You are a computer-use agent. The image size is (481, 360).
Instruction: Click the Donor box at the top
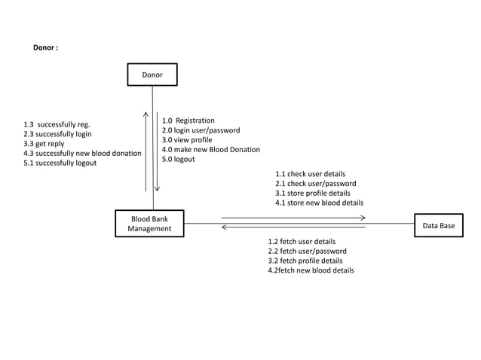click(x=152, y=75)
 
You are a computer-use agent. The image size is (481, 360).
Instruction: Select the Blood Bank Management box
click(x=149, y=224)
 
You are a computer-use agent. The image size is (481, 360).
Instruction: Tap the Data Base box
click(x=438, y=225)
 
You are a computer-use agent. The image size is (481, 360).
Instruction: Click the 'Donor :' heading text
click(x=45, y=47)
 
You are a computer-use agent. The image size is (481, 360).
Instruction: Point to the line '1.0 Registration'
click(x=188, y=121)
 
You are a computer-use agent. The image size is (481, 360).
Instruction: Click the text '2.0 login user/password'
click(x=201, y=130)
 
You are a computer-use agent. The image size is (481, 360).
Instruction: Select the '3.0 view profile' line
click(x=187, y=140)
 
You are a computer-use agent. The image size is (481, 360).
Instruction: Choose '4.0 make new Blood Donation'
click(x=210, y=150)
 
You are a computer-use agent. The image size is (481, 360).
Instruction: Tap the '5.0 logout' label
click(x=178, y=160)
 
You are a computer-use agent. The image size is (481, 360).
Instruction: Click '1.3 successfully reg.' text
click(x=57, y=124)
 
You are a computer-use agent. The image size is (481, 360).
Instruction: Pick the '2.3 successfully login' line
click(x=57, y=134)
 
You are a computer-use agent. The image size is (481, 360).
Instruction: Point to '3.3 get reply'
click(x=44, y=144)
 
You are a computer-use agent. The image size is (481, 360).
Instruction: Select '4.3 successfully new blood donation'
click(x=82, y=154)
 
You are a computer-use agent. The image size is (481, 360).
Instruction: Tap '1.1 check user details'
click(x=310, y=174)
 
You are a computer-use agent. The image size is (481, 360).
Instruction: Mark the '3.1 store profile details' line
click(x=312, y=193)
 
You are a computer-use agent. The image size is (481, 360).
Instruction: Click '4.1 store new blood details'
click(x=319, y=203)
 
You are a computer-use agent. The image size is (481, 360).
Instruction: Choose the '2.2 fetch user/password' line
click(x=307, y=251)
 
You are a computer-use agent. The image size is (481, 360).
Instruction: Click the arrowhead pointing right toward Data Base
click(x=362, y=218)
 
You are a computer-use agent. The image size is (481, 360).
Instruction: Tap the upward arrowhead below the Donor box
click(x=146, y=116)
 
